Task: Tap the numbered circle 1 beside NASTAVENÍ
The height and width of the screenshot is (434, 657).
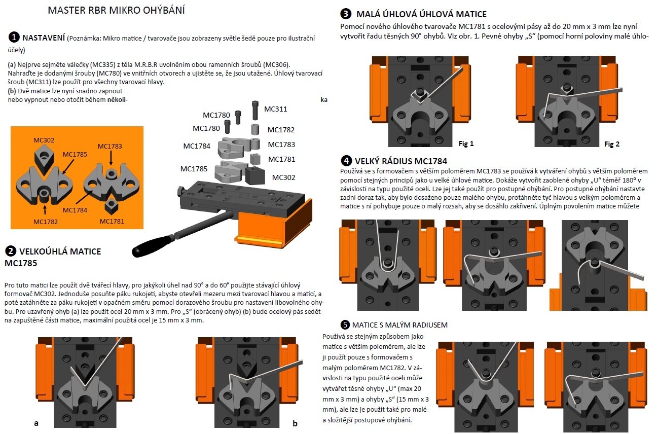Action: [14, 37]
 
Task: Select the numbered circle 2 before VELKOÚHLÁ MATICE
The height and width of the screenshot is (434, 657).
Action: [10, 251]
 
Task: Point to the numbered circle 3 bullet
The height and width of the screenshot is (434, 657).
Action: [346, 14]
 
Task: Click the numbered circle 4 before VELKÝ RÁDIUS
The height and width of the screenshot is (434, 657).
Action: [346, 161]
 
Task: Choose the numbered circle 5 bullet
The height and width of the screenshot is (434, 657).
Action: [346, 324]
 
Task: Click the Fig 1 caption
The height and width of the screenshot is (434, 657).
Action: [465, 143]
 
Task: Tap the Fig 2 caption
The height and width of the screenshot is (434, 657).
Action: [612, 144]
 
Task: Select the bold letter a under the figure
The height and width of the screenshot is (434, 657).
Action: [36, 422]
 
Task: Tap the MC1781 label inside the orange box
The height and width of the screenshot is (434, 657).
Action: [112, 221]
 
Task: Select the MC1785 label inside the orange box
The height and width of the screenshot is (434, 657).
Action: [75, 154]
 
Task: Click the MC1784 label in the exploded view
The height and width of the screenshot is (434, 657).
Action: [197, 146]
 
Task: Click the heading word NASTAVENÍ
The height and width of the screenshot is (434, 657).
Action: [44, 38]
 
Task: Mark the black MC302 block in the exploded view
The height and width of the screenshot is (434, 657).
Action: [255, 175]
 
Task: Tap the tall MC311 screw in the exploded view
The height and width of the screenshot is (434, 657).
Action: [255, 110]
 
